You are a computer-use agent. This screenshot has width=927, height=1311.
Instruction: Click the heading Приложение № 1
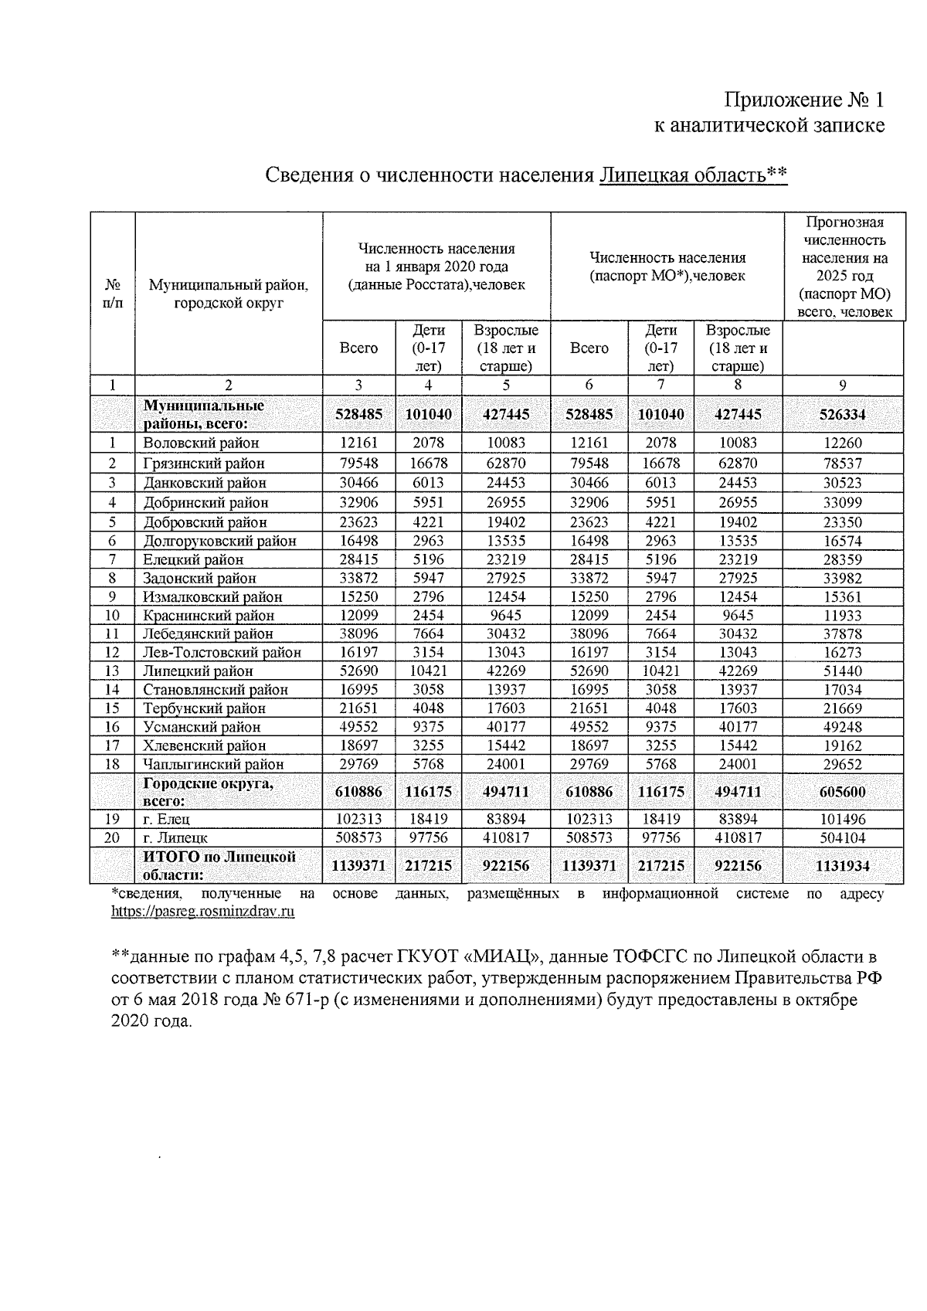803,100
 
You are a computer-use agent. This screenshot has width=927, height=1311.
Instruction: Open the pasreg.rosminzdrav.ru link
203,912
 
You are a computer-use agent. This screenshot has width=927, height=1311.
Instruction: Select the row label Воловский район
202,443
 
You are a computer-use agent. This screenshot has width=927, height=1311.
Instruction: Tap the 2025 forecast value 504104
843,837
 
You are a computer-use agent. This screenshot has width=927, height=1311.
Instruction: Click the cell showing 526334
843,415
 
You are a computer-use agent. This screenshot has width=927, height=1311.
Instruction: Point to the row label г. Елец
167,819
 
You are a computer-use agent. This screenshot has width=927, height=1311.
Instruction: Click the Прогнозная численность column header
844,267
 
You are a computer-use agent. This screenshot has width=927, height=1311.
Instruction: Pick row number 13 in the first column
113,671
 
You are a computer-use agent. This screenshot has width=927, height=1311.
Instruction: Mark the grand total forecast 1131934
843,866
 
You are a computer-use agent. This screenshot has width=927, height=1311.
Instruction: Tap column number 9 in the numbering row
843,385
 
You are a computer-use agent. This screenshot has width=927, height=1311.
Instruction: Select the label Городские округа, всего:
209,792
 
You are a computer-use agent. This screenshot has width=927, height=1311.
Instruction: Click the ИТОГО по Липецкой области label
219,866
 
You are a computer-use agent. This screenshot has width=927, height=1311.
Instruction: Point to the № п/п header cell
113,294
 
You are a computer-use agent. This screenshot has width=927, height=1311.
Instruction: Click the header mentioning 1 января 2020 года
436,267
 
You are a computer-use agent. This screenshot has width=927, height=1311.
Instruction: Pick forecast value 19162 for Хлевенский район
843,746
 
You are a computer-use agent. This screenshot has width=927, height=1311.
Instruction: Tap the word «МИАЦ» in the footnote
504,959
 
